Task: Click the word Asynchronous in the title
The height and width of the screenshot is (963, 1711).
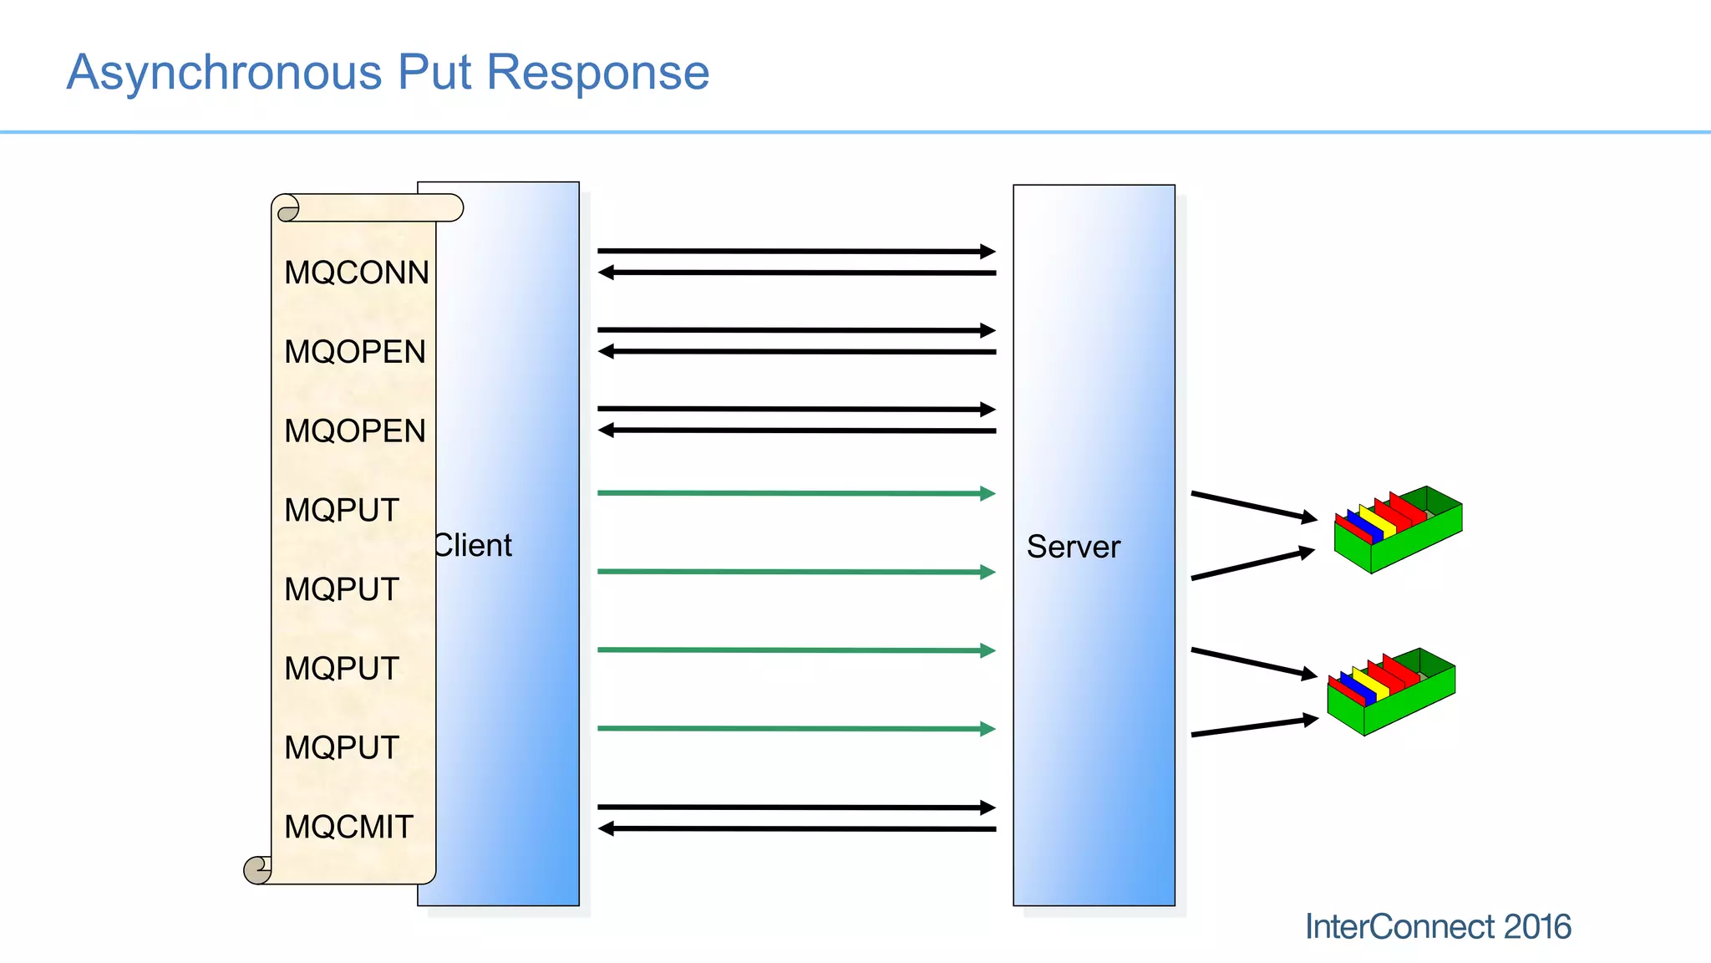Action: pyautogui.click(x=224, y=73)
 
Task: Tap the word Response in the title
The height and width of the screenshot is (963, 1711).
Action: pyautogui.click(x=597, y=73)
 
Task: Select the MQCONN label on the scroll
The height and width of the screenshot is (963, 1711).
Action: pyautogui.click(x=356, y=273)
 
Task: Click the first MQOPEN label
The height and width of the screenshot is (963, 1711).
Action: pyautogui.click(x=354, y=352)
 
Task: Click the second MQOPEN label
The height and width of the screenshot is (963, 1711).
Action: pyautogui.click(x=354, y=431)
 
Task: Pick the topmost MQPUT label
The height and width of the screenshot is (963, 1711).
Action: pyautogui.click(x=341, y=510)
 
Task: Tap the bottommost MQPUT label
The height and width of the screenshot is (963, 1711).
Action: pyautogui.click(x=341, y=747)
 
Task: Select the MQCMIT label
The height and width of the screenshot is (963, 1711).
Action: pyautogui.click(x=348, y=827)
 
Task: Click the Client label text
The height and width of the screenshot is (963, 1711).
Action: pyautogui.click(x=473, y=546)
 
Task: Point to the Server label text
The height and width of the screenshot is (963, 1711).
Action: pyautogui.click(x=1073, y=547)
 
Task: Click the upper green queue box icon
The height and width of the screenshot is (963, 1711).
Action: pyautogui.click(x=1398, y=531)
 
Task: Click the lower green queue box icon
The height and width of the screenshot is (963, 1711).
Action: pyautogui.click(x=1391, y=692)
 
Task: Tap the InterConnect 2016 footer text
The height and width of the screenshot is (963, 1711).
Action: pyautogui.click(x=1437, y=926)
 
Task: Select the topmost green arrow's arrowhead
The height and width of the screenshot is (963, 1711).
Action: pyautogui.click(x=988, y=493)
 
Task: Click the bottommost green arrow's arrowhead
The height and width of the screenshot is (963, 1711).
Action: pyautogui.click(x=988, y=729)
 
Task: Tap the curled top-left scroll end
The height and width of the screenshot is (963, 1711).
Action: pyautogui.click(x=287, y=208)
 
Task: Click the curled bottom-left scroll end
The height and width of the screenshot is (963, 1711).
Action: pyautogui.click(x=257, y=869)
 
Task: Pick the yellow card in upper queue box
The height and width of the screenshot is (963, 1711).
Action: pyautogui.click(x=1377, y=521)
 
